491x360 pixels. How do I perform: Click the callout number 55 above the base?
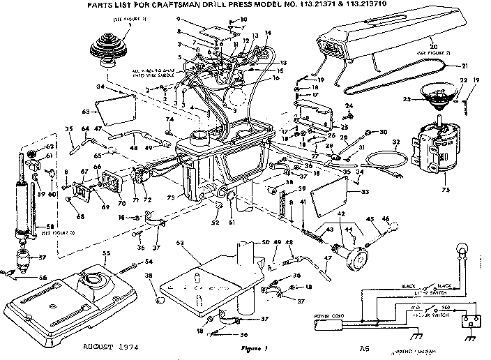pyautogui.click(x=107, y=253)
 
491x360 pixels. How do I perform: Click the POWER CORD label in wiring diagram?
pyautogui.click(x=324, y=315)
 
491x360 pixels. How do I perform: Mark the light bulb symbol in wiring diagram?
pyautogui.click(x=460, y=250)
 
